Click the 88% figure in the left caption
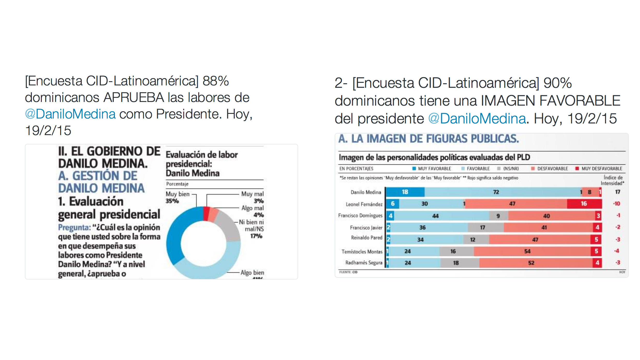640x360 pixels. click(x=216, y=81)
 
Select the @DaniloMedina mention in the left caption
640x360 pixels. click(x=70, y=114)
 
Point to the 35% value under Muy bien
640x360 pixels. click(x=172, y=201)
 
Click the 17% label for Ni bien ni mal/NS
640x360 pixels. click(x=256, y=236)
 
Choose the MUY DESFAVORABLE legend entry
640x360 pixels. click(x=599, y=169)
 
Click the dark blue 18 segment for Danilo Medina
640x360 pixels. click(x=405, y=192)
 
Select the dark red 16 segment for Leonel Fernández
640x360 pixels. click(x=584, y=204)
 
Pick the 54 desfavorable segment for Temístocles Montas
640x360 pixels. click(x=527, y=251)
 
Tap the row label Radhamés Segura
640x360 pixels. click(x=364, y=263)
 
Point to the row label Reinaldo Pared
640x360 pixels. click(x=366, y=238)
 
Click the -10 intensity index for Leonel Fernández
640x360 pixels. click(x=617, y=204)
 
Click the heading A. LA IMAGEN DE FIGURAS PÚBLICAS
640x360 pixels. click(x=428, y=139)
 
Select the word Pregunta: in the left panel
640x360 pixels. click(x=74, y=227)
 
